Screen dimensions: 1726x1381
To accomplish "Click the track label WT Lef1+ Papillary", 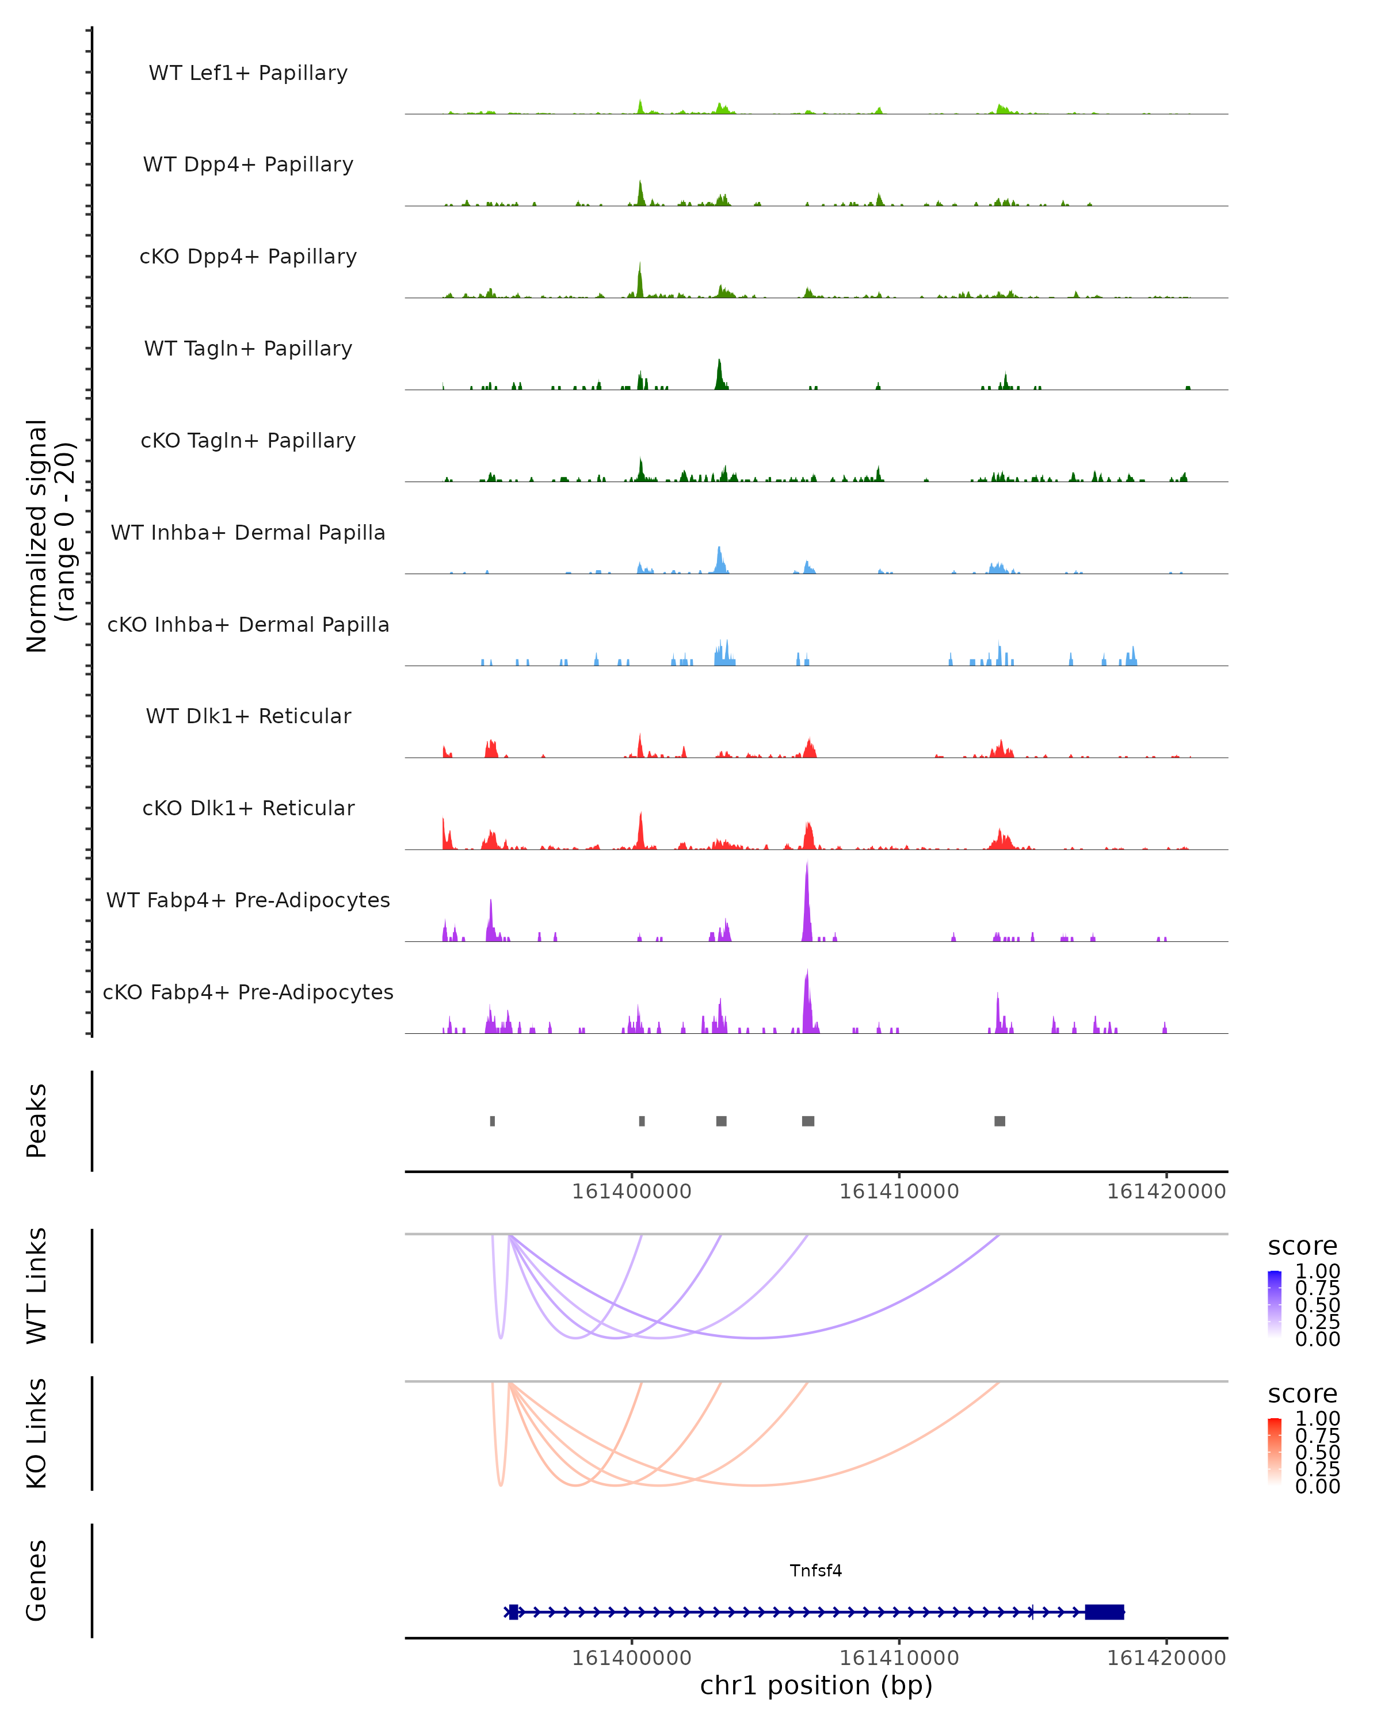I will pos(248,73).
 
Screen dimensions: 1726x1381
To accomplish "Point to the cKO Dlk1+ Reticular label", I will pos(248,808).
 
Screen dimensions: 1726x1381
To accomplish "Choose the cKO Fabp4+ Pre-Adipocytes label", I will pos(248,992).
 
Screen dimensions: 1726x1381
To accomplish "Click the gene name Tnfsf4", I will pos(816,1571).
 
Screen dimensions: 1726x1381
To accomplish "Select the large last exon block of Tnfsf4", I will pos(1104,1612).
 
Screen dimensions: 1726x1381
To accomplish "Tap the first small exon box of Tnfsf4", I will pos(513,1612).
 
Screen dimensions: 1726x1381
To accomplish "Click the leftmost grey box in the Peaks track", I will pos(493,1121).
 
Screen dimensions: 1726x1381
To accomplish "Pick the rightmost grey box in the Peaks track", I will pos(1000,1121).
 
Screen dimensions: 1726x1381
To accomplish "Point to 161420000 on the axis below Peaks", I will pos(1166,1192).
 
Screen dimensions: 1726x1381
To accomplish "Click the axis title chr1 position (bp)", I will pos(816,1685).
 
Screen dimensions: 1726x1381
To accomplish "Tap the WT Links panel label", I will pos(37,1286).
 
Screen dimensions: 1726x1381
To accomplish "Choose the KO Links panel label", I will pos(37,1433).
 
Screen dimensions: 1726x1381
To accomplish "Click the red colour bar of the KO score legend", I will pos(1275,1450).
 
